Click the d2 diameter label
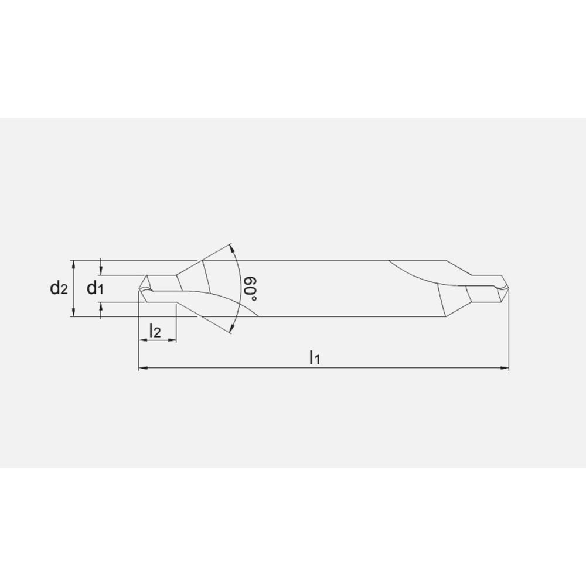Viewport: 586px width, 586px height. (59, 288)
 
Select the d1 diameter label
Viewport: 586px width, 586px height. (96, 288)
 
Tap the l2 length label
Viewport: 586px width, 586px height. (155, 332)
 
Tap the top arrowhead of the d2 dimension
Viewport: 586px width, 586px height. (73, 263)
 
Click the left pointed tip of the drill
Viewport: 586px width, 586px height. (139, 288)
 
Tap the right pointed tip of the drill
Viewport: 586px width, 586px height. (508, 288)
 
